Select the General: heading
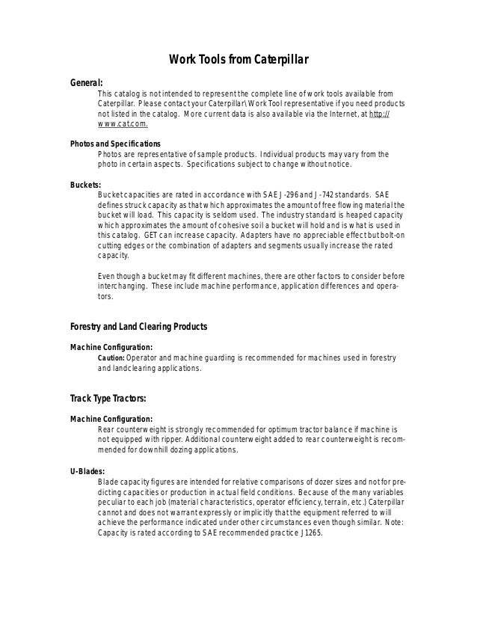click(86, 82)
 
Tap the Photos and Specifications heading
click(114, 143)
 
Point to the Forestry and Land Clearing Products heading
click(138, 326)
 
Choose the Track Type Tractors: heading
click(108, 397)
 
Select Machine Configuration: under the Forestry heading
click(111, 347)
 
